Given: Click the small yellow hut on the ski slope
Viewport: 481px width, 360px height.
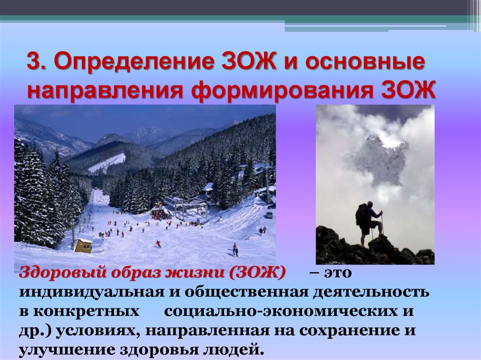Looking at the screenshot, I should coord(83,245).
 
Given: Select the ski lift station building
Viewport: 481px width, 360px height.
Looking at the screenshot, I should coord(186,207).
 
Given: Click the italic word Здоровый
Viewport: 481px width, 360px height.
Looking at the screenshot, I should coord(55,273).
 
